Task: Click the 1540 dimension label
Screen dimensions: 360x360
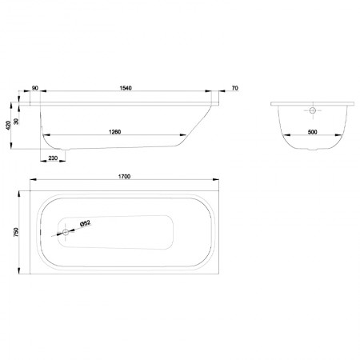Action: [x=126, y=88]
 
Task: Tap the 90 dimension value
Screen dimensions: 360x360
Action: [x=35, y=88]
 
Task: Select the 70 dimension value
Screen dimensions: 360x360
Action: [x=235, y=88]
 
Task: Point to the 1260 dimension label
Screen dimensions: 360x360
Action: [x=115, y=132]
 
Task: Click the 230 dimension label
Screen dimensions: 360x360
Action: [x=53, y=158]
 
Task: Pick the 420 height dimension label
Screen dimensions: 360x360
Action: [x=8, y=125]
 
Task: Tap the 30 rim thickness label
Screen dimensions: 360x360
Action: [x=17, y=122]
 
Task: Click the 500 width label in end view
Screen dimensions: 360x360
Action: [x=312, y=132]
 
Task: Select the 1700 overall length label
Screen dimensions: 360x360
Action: [x=124, y=177]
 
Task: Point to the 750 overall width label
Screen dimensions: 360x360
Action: [x=16, y=232]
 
